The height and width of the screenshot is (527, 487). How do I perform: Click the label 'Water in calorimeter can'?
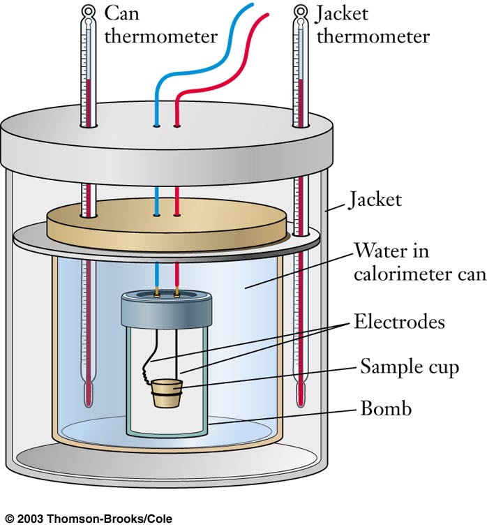click(x=419, y=262)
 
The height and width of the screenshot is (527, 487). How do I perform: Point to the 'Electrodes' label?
click(x=400, y=322)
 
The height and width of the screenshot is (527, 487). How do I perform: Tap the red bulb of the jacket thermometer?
click(x=301, y=395)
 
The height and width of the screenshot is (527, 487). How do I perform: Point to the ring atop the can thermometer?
click(x=88, y=11)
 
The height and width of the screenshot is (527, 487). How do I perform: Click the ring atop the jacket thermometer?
click(x=301, y=11)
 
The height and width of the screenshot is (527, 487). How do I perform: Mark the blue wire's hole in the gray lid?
click(x=157, y=126)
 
